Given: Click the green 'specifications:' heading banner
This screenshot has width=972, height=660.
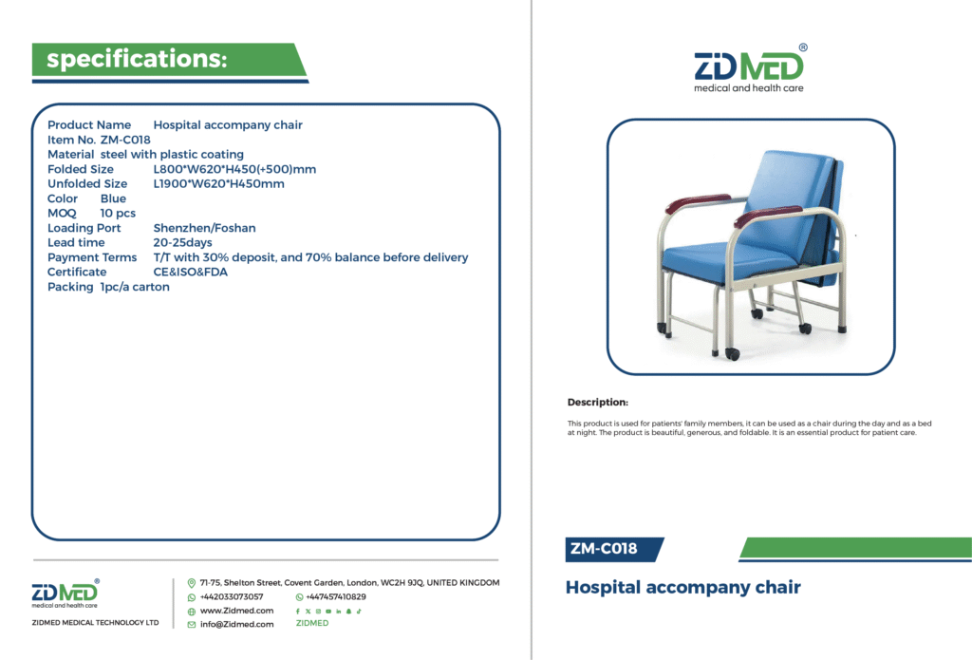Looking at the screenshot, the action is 169,60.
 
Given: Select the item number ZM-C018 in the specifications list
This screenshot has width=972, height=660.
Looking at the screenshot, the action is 125,140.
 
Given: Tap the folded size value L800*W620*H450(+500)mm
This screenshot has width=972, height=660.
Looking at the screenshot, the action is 234,169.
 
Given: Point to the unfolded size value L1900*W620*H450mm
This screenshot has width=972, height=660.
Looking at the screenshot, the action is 219,183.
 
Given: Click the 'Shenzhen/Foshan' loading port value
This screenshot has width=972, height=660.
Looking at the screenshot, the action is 205,228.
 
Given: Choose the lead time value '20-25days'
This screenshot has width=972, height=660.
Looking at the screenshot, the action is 183,242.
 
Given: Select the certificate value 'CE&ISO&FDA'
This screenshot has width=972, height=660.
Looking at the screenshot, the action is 190,272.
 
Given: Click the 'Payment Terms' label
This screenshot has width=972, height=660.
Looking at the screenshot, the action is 92,257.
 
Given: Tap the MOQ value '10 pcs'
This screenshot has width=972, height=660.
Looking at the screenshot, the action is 118,214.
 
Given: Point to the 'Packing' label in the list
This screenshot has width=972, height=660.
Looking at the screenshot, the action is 70,287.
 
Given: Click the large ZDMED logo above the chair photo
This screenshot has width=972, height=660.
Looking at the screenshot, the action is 750,68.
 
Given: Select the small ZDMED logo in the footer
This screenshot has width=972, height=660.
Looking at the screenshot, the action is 65,594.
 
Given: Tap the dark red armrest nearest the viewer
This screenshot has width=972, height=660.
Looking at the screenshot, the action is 767,217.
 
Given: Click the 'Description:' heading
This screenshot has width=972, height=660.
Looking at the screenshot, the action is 598,402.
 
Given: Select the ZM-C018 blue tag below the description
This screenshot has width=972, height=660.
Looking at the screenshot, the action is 614,550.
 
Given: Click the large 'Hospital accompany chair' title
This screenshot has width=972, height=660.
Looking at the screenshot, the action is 683,588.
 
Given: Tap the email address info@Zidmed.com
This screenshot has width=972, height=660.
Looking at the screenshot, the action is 236,624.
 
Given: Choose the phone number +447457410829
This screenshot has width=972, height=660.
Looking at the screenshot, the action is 336,596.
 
